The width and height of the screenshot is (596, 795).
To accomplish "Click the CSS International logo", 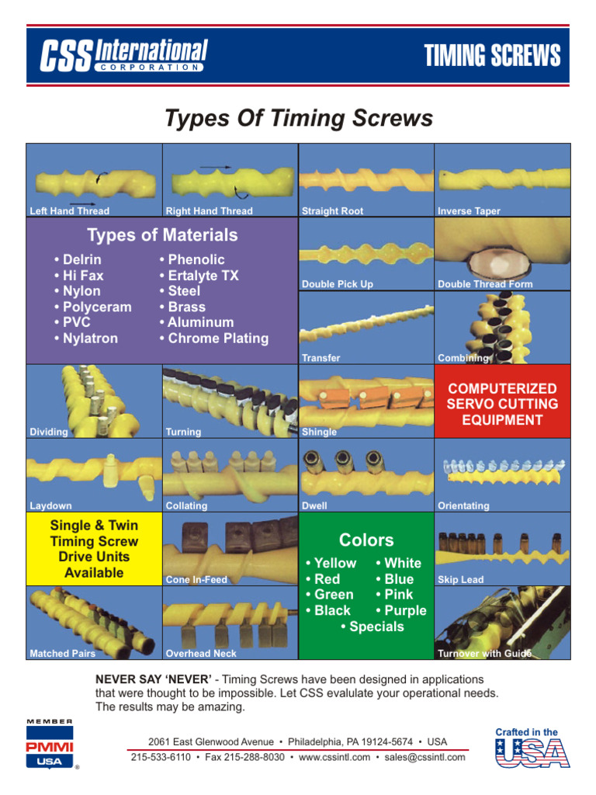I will pos(124,56).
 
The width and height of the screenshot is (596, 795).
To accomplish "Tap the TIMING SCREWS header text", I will pos(492,56).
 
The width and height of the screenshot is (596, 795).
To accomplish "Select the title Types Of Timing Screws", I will pos(299,118).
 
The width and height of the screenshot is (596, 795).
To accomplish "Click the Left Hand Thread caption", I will pos(70,211).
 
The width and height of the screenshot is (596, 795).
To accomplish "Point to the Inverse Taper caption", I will pos(469,211).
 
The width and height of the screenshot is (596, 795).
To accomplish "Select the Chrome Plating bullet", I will pos(213,338).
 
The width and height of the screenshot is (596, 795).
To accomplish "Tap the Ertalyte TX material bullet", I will pos(198,276).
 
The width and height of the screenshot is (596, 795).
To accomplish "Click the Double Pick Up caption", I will pos(337,284).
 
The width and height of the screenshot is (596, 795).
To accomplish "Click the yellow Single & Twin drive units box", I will pos(94,550).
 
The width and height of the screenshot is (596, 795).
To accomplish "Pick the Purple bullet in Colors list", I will pos(400,610).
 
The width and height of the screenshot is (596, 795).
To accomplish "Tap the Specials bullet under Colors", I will pos(372,627).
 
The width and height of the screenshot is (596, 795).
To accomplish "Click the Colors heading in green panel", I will pos(366,540).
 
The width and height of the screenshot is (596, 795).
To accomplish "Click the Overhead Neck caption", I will pos(201,654).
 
